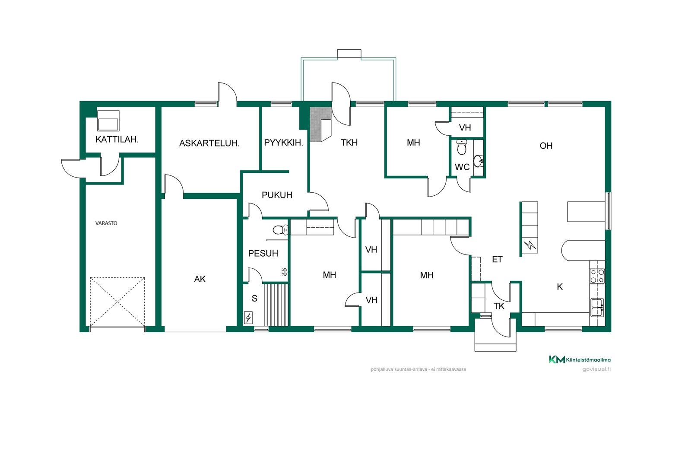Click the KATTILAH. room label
117,140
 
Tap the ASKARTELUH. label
209,143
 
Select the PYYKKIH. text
283,143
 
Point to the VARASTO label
106,223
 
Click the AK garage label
200,279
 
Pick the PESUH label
263,253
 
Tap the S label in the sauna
254,299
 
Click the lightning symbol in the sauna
248,318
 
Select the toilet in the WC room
462,147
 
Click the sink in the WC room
478,161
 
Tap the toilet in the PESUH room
280,230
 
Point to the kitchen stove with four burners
597,276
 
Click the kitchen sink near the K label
597,307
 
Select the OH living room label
546,146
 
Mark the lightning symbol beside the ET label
530,245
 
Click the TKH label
349,143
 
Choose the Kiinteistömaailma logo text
588,360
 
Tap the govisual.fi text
596,369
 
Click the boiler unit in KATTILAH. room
108,121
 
